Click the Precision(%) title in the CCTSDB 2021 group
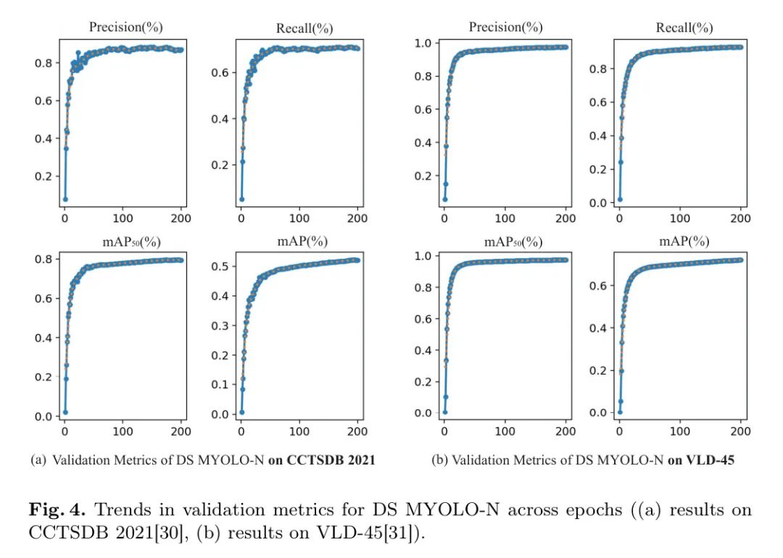pos(125,28)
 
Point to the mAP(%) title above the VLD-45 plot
pos(684,241)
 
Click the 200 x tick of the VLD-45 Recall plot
pos(742,218)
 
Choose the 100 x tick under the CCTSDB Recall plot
pos(299,218)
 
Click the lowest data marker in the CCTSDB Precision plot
pos(65,199)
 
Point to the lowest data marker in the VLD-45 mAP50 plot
pos(444,412)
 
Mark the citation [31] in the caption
pos(410,531)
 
